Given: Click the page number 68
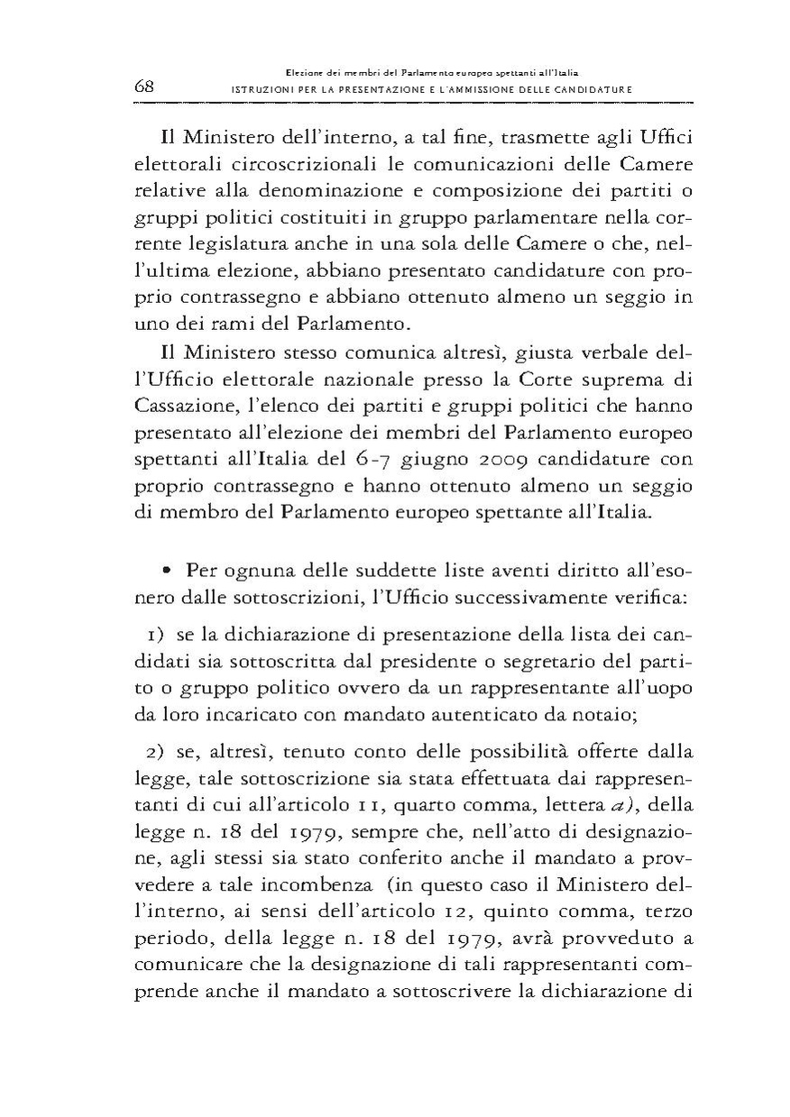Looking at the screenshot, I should [145, 87].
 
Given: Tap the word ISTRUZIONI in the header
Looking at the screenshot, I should [264, 90].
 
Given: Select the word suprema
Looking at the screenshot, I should [614, 371].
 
